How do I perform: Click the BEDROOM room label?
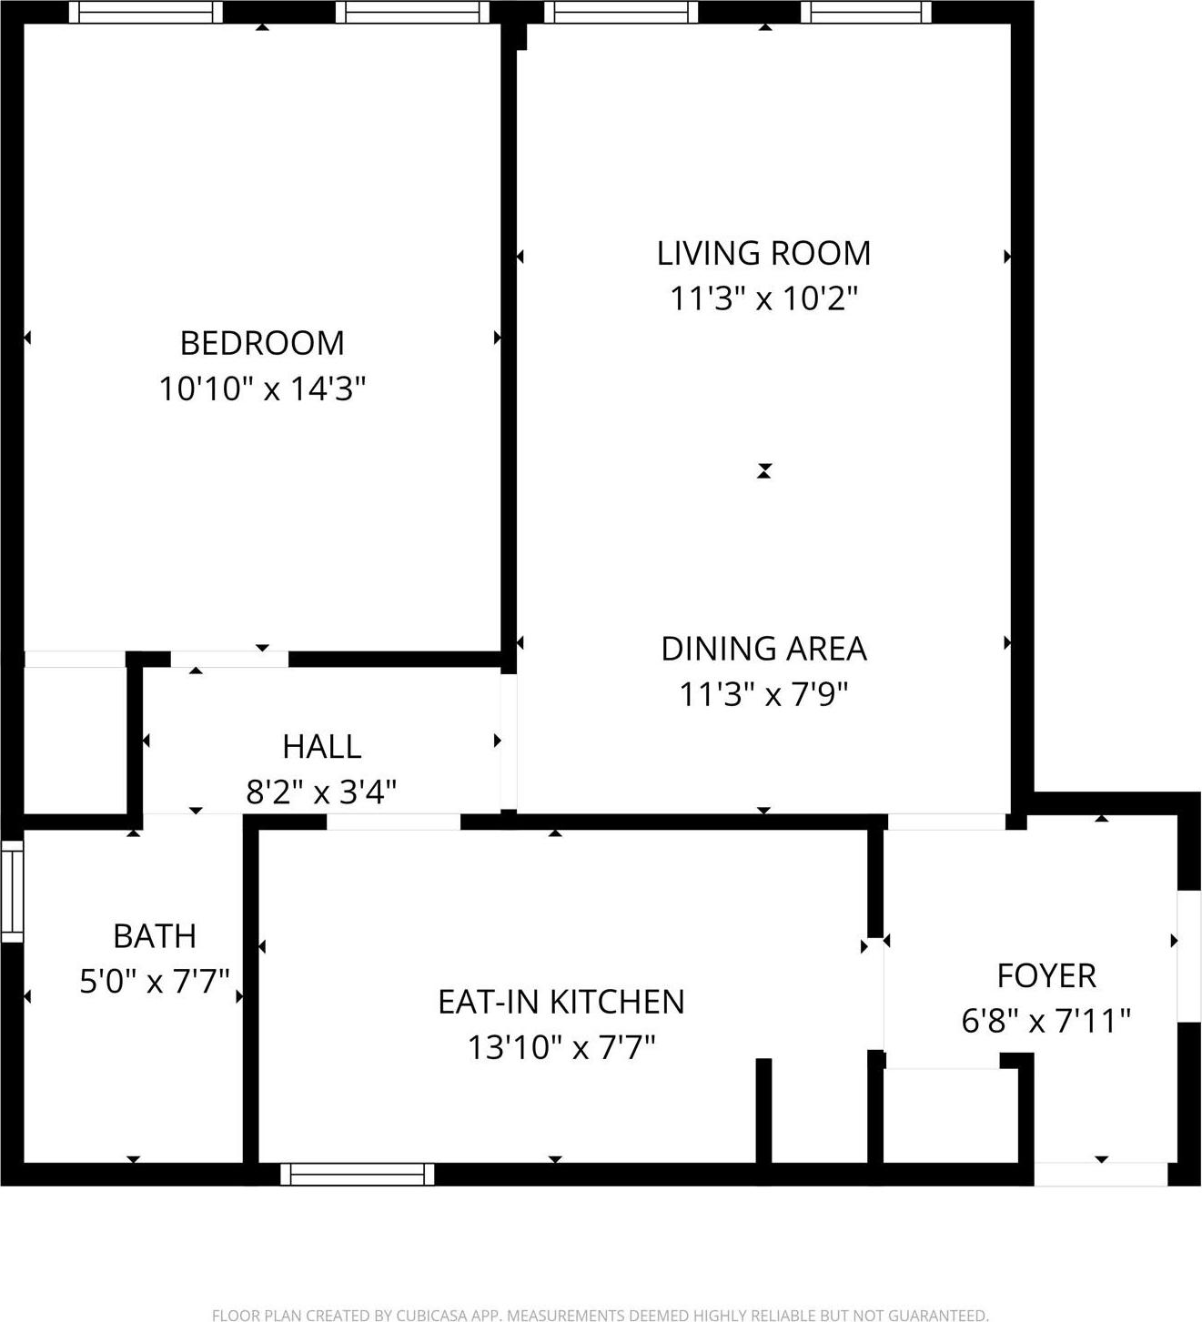[x=262, y=343]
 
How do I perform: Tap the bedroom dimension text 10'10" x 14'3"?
[x=262, y=389]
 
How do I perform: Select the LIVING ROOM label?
[x=763, y=253]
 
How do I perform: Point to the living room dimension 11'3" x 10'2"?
[x=763, y=298]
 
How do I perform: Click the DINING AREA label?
[x=763, y=649]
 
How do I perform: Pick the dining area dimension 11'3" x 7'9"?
[x=763, y=695]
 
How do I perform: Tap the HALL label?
[x=321, y=747]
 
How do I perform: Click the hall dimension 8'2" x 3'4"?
[x=321, y=792]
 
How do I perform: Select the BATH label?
[x=154, y=936]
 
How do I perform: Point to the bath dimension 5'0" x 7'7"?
[x=154, y=983]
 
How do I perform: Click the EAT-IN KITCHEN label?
[x=561, y=1002]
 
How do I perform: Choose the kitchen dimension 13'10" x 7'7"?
[x=561, y=1048]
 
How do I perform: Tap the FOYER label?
[x=1045, y=975]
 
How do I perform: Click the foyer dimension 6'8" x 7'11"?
[x=1045, y=1021]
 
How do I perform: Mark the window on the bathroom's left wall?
[x=12, y=891]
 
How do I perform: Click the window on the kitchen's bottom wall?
[x=357, y=1174]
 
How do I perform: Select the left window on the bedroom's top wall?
[x=146, y=12]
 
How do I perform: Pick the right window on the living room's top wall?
[x=865, y=12]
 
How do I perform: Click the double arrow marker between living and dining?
[x=763, y=470]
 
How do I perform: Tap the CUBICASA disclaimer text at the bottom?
[x=600, y=1315]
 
